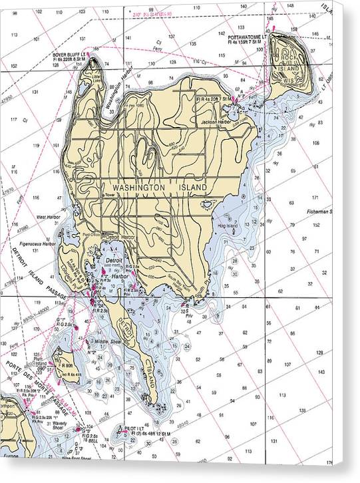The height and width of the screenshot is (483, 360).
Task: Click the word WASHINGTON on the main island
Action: [138, 188]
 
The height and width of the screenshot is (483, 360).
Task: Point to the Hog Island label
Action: [227, 226]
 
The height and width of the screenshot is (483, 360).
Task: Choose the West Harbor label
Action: [49, 217]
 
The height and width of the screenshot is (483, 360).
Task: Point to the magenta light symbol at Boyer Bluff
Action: [94, 51]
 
